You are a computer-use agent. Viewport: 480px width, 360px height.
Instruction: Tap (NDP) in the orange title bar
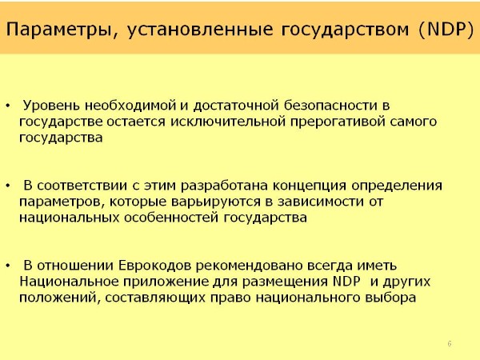coord(446,30)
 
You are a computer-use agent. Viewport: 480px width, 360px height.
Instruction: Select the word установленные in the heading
coord(200,30)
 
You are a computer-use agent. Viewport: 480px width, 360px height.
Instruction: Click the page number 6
coord(450,343)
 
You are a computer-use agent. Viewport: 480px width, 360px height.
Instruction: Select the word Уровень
coord(51,106)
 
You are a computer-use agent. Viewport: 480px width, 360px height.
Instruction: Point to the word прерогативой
coord(338,122)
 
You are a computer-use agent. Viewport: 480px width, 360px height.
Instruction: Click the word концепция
coord(310,186)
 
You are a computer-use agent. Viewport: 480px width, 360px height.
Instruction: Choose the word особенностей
coord(171,218)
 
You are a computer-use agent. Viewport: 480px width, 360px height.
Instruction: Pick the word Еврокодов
coord(154,266)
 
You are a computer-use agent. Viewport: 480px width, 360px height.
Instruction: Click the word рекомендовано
coord(249,266)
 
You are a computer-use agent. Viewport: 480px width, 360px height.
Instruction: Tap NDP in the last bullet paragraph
coord(346,282)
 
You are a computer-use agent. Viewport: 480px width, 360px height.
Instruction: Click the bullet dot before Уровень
coord(8,106)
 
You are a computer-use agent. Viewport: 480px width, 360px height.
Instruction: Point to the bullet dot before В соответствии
coord(8,186)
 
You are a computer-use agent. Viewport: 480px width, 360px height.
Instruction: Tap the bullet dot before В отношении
coord(8,266)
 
